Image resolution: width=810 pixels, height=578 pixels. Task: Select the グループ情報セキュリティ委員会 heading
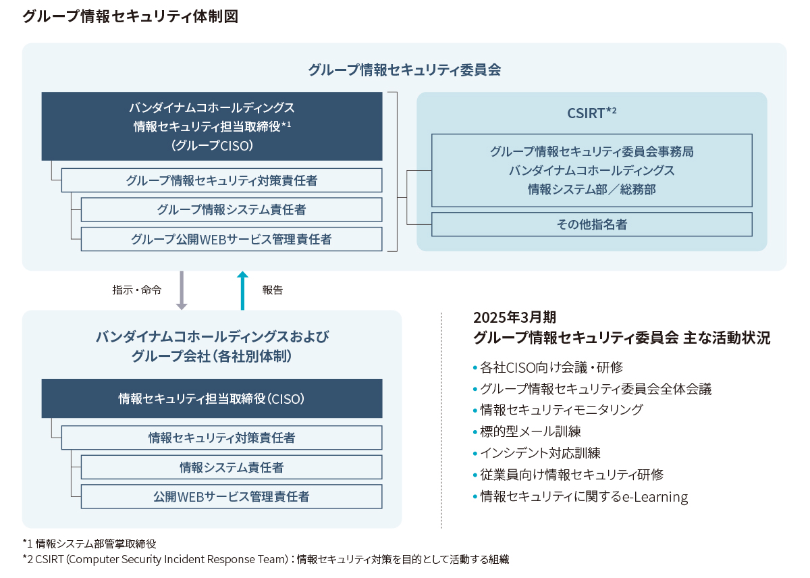click(404, 70)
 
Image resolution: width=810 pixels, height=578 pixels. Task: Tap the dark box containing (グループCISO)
click(212, 126)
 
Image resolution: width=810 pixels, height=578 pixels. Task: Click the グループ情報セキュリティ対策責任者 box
click(221, 180)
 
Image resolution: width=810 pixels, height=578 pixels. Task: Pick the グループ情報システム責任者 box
click(232, 209)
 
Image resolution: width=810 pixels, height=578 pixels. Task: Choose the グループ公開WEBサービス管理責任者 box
click(232, 239)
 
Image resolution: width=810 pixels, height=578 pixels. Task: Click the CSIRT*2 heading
click(591, 113)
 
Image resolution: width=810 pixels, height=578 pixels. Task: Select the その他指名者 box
click(591, 224)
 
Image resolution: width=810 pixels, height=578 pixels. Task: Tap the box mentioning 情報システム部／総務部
click(591, 170)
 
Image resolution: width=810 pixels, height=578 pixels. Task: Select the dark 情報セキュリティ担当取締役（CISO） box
click(212, 398)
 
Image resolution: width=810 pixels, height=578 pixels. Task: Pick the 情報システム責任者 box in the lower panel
click(232, 467)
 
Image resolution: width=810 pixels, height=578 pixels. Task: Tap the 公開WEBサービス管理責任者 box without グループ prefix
click(232, 497)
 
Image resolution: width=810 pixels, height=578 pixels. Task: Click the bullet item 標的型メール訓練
click(530, 431)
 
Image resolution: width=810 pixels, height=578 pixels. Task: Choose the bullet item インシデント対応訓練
click(539, 452)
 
